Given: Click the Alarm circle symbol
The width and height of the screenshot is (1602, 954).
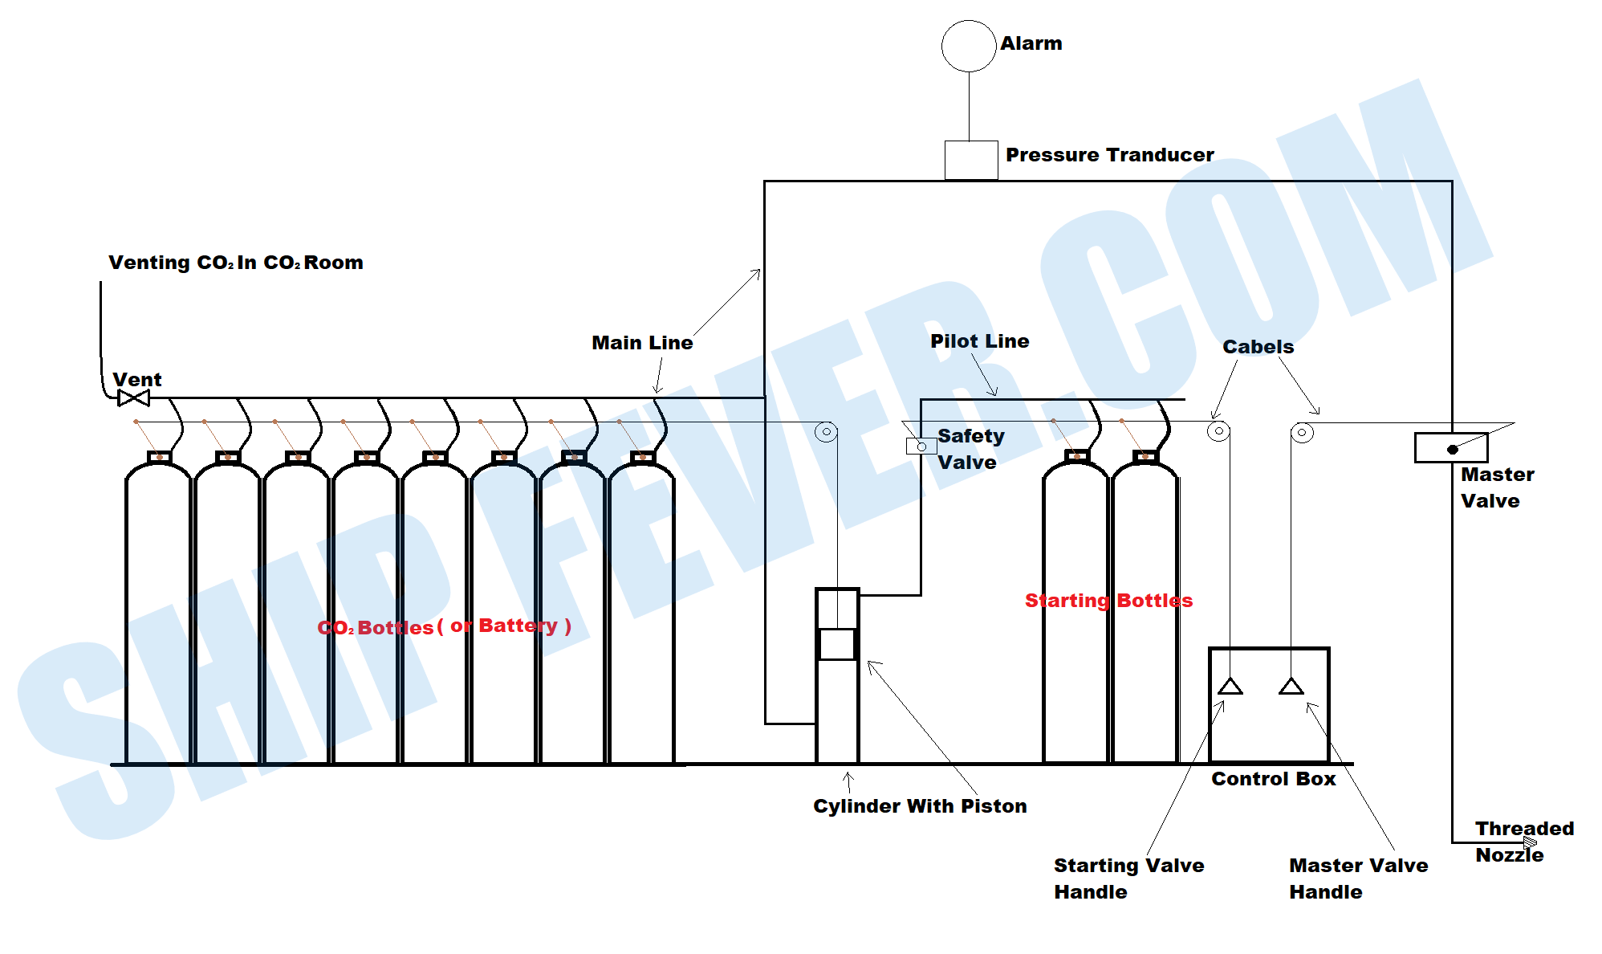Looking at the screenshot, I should pyautogui.click(x=968, y=47).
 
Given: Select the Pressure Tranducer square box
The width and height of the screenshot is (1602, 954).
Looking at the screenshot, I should pyautogui.click(x=970, y=160).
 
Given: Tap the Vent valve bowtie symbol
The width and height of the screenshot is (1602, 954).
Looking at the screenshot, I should pyautogui.click(x=133, y=397).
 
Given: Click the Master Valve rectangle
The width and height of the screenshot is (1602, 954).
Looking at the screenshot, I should pyautogui.click(x=1450, y=447).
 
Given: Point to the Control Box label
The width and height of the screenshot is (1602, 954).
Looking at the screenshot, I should pyautogui.click(x=1273, y=779).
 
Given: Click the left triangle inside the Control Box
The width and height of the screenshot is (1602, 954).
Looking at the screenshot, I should pyautogui.click(x=1230, y=687).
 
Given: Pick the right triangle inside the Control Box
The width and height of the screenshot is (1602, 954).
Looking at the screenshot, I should pyautogui.click(x=1291, y=687).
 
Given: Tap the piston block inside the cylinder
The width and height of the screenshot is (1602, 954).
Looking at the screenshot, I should pyautogui.click(x=836, y=644).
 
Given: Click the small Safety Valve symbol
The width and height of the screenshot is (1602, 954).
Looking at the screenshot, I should pyautogui.click(x=921, y=446).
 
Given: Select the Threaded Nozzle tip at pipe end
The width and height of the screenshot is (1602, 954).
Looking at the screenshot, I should pyautogui.click(x=1530, y=842).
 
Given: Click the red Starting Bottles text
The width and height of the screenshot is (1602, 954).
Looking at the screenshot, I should pyautogui.click(x=1108, y=601).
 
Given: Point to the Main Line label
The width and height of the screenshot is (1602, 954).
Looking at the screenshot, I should pyautogui.click(x=642, y=343).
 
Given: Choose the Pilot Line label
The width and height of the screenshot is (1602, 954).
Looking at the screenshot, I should pyautogui.click(x=979, y=341).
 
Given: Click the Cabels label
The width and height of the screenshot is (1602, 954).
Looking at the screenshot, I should pyautogui.click(x=1258, y=347).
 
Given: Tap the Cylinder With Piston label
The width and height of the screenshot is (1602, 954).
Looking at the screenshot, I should pyautogui.click(x=920, y=806).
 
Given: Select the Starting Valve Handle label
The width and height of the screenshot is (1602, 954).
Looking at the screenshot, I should pyautogui.click(x=1128, y=879).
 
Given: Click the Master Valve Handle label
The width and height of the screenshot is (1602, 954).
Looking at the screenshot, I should pyautogui.click(x=1358, y=879).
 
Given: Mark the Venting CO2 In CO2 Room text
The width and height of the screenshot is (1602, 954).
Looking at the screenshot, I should pyautogui.click(x=235, y=263).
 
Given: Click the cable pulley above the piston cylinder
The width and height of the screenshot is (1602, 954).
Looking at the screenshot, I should pyautogui.click(x=826, y=432).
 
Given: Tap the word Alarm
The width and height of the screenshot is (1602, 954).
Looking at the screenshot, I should pyautogui.click(x=1031, y=43).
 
